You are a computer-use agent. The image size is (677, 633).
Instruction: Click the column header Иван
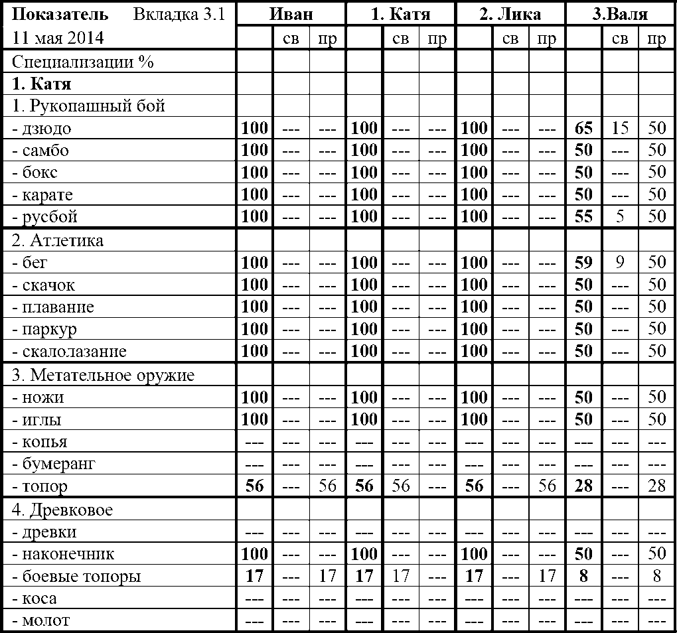(291, 15)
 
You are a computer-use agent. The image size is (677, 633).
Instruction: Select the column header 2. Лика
(510, 15)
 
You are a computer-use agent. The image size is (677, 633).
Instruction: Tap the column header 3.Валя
(620, 15)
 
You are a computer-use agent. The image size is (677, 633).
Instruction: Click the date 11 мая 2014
(58, 38)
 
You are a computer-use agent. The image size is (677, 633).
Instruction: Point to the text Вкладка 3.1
(179, 15)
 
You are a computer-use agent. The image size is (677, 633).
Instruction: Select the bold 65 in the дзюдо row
(583, 128)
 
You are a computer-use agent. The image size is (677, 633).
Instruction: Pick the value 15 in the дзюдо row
(620, 128)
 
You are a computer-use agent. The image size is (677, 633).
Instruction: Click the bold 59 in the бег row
(583, 263)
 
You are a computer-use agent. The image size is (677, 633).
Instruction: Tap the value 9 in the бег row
(620, 263)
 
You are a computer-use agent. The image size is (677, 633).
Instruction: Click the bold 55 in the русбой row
(583, 217)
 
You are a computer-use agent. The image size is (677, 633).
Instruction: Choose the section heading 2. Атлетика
(58, 240)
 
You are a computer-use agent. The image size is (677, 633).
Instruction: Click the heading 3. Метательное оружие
(103, 376)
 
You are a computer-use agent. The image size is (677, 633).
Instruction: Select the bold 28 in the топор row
(583, 486)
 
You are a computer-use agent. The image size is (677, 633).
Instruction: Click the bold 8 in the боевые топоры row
(583, 577)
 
